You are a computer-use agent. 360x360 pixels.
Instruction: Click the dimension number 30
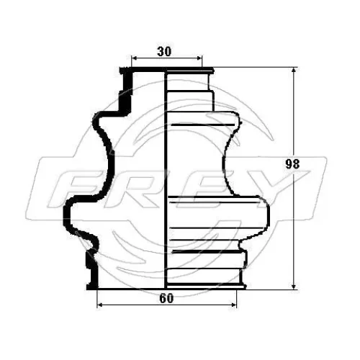coord(164,51)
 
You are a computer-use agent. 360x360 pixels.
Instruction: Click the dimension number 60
coord(166,298)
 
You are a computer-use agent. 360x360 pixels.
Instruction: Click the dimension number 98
coord(292,164)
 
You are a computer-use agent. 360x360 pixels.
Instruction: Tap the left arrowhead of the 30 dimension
coord(134,58)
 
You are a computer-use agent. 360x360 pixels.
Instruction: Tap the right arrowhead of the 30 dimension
coord(199,58)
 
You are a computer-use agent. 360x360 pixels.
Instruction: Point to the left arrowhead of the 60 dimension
coord(100,305)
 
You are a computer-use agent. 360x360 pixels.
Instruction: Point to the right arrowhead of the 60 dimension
coord(233,305)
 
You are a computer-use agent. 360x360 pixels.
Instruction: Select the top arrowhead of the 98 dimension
coord(293,70)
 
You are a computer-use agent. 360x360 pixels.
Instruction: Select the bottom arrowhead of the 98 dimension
coord(293,286)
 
